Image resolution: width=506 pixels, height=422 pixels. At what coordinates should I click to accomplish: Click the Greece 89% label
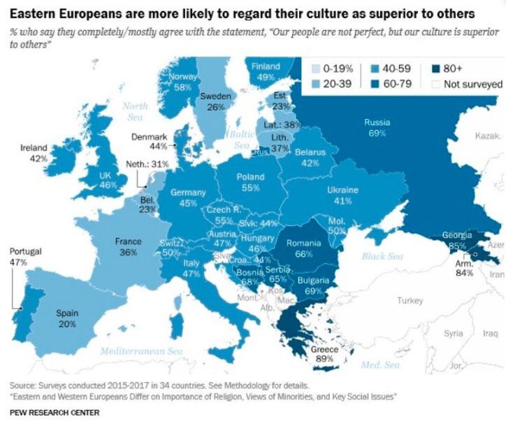click(x=324, y=354)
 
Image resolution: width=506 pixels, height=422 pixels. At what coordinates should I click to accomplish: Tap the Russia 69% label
click(x=377, y=127)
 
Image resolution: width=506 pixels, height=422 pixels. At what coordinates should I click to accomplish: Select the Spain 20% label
click(x=67, y=318)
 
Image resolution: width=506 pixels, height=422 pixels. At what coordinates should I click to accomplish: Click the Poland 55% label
click(x=250, y=183)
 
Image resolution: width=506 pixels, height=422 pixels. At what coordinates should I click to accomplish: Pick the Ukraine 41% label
click(x=342, y=195)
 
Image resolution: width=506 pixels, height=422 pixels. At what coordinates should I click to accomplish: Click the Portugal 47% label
click(x=17, y=257)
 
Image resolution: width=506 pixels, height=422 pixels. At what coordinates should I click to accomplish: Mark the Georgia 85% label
click(x=456, y=241)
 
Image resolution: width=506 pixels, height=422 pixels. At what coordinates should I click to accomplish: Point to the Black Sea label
click(x=382, y=257)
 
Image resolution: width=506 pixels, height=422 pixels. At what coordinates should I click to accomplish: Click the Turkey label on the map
click(x=410, y=300)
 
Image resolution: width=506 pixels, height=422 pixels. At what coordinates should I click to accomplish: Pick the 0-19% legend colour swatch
click(x=317, y=68)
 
